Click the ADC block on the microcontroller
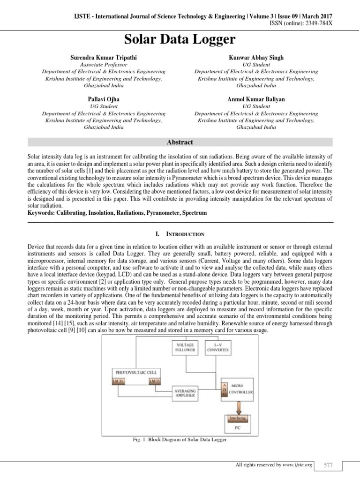point(225,389)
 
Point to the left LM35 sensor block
point(118,381)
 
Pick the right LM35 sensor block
point(154,381)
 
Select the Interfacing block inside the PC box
point(237,417)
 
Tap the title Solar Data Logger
point(180,39)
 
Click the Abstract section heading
point(180,142)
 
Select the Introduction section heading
point(180,233)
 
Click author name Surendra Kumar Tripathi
point(104,58)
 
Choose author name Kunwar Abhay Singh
point(256,58)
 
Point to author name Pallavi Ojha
point(104,99)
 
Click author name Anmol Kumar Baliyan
point(256,99)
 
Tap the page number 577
point(328,465)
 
